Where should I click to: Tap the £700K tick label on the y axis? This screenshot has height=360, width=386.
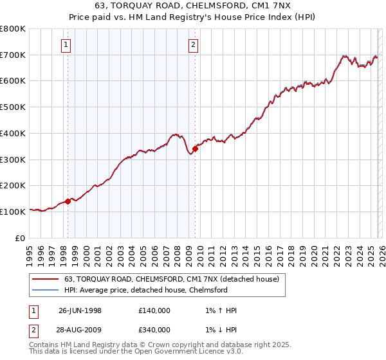coord(13,55)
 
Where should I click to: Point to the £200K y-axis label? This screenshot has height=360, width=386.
coord(13,185)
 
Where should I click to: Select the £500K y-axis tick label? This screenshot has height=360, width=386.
coord(13,107)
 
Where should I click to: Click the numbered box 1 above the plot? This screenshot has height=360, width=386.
coord(67,44)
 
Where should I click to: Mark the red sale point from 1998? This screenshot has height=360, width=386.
coord(68,201)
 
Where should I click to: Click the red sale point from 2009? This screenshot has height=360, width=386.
coord(195,149)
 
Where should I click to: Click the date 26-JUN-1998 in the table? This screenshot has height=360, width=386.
coord(80,311)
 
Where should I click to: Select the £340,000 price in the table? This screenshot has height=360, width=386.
coord(154,329)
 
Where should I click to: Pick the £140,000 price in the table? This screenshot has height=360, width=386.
coord(154,311)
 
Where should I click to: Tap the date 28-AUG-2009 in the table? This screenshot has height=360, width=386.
coord(80,329)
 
